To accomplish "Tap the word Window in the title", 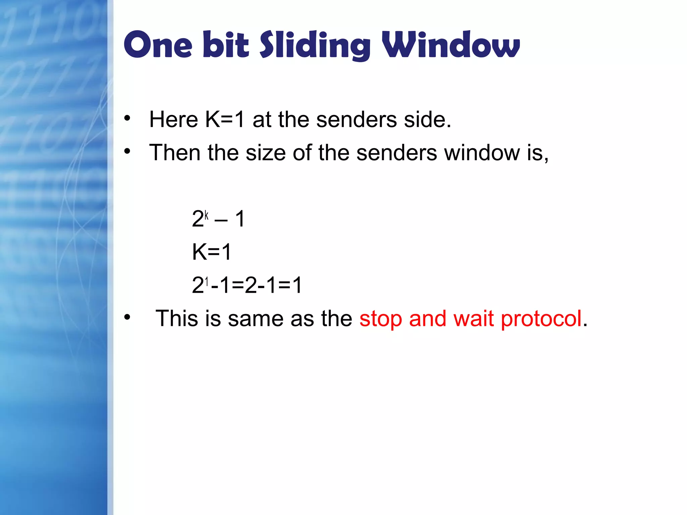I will pyautogui.click(x=451, y=45).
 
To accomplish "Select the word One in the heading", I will pyautogui.click(x=158, y=45).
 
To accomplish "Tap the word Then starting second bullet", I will pyautogui.click(x=175, y=153).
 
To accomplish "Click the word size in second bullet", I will pyautogui.click(x=266, y=153).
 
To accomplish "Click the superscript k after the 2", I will pyautogui.click(x=207, y=215).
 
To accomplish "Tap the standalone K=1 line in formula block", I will pyautogui.click(x=212, y=252).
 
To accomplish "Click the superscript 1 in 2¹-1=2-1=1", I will pyautogui.click(x=207, y=282).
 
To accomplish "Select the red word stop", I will pyautogui.click(x=380, y=319).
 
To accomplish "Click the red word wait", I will pyautogui.click(x=473, y=319).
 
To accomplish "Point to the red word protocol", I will pyautogui.click(x=541, y=319).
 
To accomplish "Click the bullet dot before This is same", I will pyautogui.click(x=127, y=317).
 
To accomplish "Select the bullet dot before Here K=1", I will pyautogui.click(x=127, y=118).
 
